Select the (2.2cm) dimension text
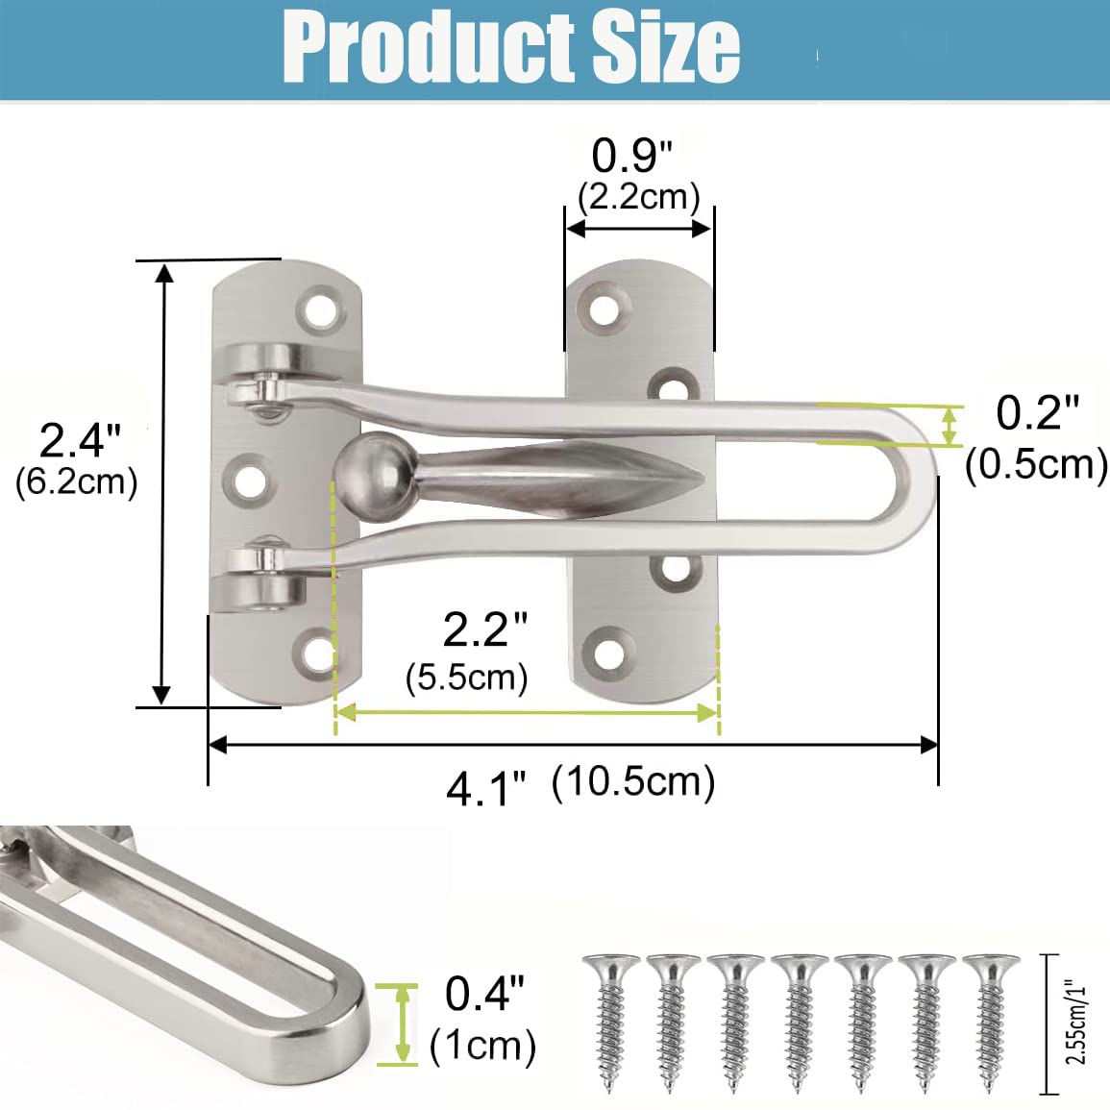coord(638,197)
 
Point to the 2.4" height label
coord(80,440)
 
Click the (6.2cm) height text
coord(77,482)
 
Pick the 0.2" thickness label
coord(1037,412)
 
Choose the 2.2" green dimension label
coord(485,629)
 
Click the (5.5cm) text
coord(467,678)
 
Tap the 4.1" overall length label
coord(487,789)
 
